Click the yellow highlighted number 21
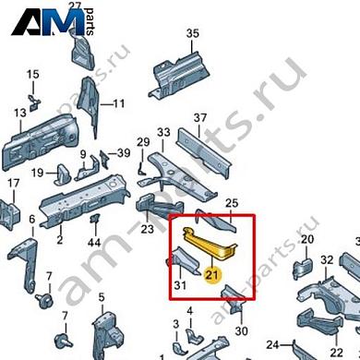point(213,274)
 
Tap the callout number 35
point(192,34)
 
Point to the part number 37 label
point(199,118)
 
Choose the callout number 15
point(32,74)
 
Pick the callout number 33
point(162,133)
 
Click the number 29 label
point(143,141)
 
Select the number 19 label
point(38,173)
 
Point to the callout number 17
point(13,184)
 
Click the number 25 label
point(232,203)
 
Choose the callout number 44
point(93,242)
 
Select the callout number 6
point(31,220)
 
